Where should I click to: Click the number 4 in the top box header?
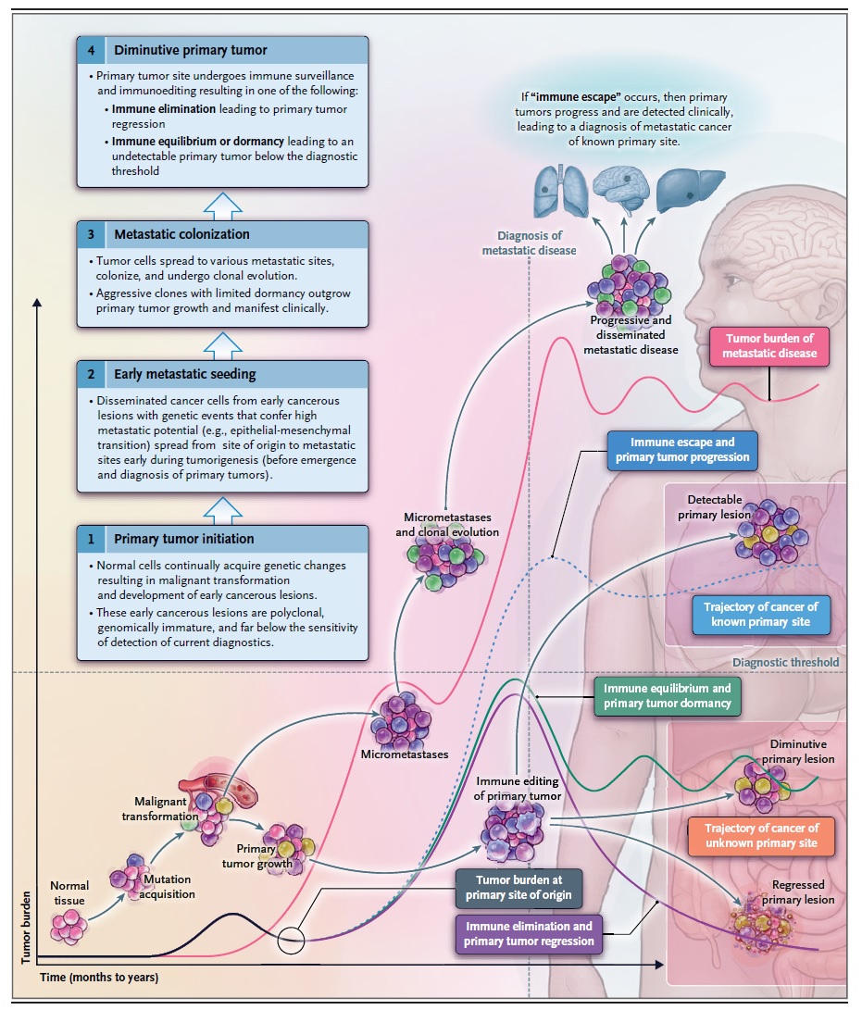tap(91, 50)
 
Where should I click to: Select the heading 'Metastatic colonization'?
tap(181, 234)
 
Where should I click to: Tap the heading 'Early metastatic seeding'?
tap(185, 374)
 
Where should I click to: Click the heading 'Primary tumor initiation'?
tap(183, 539)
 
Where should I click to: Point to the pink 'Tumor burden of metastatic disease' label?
tap(769, 346)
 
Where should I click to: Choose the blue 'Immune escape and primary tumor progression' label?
tap(682, 450)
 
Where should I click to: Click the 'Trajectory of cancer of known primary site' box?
tap(761, 615)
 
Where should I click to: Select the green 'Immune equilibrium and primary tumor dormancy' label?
tap(668, 695)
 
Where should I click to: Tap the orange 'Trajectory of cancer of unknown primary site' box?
tap(761, 835)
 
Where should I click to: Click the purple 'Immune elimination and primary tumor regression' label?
tap(529, 933)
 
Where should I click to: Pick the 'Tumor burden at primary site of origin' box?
tap(518, 888)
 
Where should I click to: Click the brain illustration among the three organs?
tap(621, 189)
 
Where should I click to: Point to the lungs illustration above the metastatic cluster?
tap(561, 192)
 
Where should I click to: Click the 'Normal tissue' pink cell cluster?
tap(69, 927)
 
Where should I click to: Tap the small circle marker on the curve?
tap(291, 940)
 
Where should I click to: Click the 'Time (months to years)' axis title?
tap(99, 978)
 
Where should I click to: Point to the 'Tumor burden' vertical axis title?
tap(26, 928)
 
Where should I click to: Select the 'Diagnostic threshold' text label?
tap(786, 662)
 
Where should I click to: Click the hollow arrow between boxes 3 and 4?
tap(223, 206)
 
